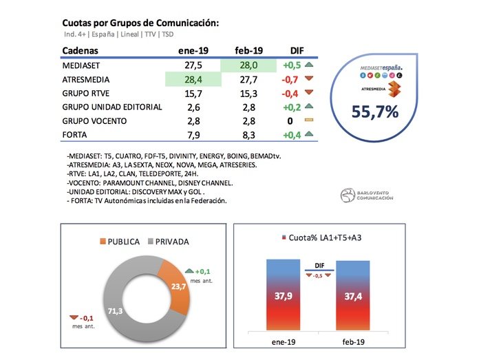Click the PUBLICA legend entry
pos(120,242)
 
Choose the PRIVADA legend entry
pos(169,242)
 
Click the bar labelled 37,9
pos(283,296)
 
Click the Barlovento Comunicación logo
pos(367,195)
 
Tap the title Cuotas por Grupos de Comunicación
pos(140,23)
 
